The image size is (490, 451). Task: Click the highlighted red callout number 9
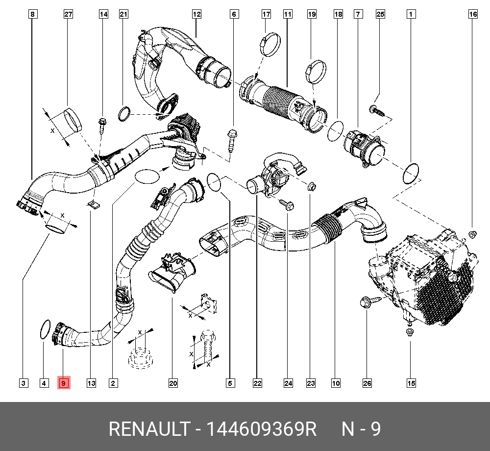64,383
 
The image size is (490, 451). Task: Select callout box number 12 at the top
196,15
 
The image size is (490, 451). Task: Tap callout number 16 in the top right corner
472,15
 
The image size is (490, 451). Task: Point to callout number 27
68,15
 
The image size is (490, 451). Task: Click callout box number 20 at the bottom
172,383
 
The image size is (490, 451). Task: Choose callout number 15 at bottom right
411,383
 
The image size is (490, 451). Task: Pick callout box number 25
380,15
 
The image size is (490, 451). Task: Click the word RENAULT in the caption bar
148,429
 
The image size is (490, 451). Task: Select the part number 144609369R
261,429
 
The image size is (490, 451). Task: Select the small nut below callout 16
472,234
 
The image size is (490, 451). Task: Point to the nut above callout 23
311,186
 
